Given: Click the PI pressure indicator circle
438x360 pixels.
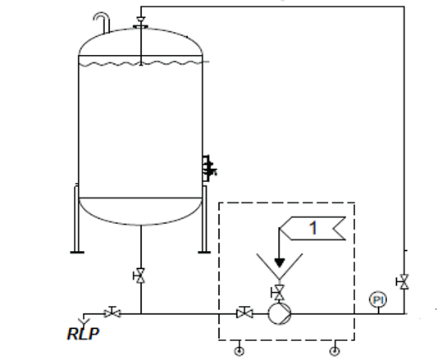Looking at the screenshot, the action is click(x=378, y=300).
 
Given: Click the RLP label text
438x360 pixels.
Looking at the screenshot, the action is click(x=83, y=334).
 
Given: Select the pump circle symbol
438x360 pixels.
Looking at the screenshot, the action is click(x=280, y=313).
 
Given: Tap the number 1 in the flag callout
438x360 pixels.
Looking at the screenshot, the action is click(x=313, y=228).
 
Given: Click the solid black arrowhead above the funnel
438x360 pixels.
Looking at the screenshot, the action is click(x=280, y=262).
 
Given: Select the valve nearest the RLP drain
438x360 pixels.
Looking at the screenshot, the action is click(x=112, y=312).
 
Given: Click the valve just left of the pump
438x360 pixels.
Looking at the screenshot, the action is click(x=244, y=312).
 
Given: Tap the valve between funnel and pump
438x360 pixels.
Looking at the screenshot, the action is click(x=279, y=293).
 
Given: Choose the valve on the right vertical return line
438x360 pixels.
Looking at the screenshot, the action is click(x=403, y=282).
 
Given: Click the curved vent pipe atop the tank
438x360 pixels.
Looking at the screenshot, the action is click(x=102, y=21).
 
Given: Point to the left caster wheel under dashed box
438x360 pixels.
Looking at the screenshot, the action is click(x=240, y=351).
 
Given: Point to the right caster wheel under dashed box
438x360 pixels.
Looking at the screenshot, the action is click(x=335, y=351).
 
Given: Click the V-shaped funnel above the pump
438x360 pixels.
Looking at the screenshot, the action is click(x=280, y=267).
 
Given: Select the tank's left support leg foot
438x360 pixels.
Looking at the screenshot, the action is click(x=77, y=253).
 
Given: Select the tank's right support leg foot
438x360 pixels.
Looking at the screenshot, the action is click(x=204, y=253).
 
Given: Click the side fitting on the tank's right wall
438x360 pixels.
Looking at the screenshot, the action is click(x=209, y=169).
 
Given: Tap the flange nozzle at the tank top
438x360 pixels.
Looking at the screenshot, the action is click(x=141, y=27).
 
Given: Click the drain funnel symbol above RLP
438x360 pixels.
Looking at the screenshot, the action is click(x=84, y=321).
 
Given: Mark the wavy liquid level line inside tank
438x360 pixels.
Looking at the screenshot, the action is click(x=140, y=65).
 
